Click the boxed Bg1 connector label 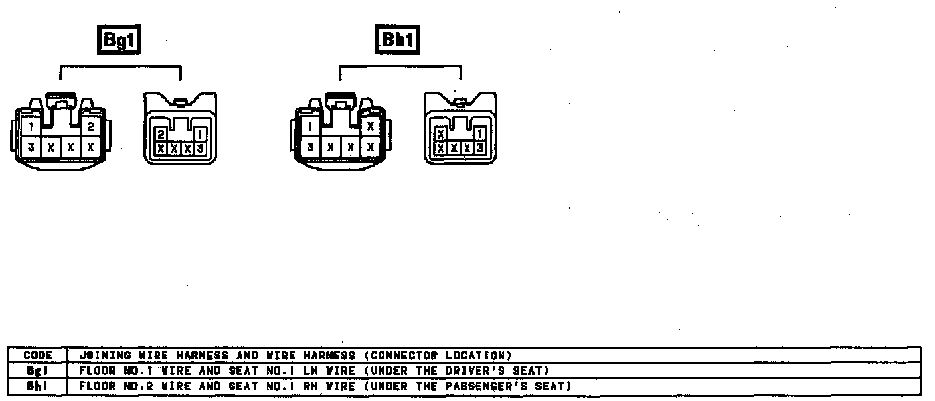(x=120, y=40)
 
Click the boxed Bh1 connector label (x=398, y=40)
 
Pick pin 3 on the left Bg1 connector (x=31, y=146)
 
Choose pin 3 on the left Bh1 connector (x=311, y=146)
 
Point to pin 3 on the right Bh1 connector (x=479, y=148)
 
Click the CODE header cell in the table (x=38, y=355)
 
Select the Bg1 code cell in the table (x=38, y=370)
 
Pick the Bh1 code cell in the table (x=38, y=386)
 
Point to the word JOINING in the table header (x=100, y=355)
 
